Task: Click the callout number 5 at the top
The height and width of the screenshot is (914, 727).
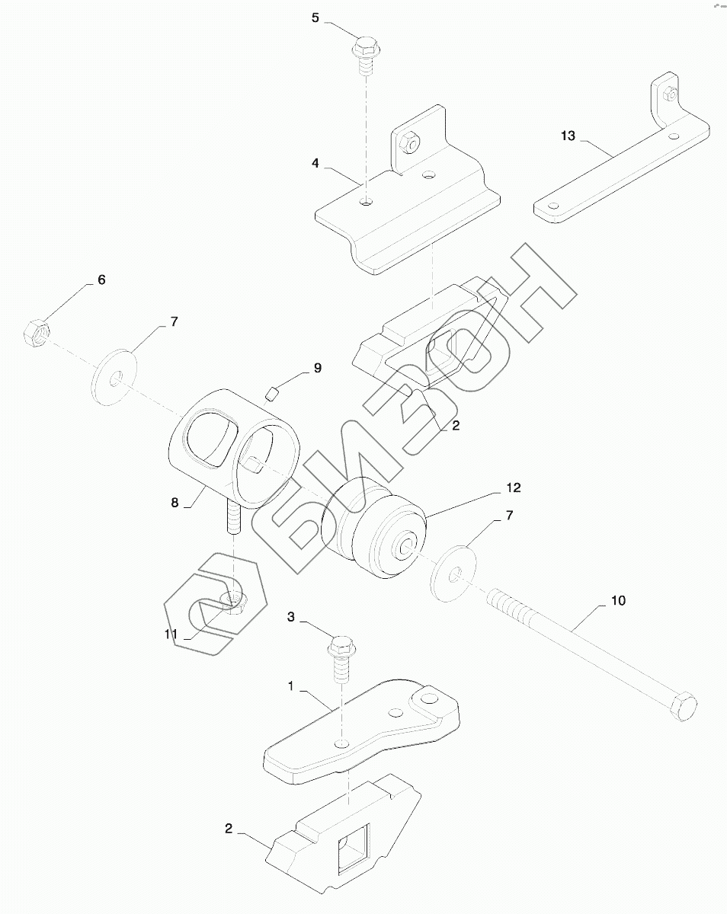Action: (x=315, y=18)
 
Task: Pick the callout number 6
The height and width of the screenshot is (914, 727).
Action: (x=101, y=280)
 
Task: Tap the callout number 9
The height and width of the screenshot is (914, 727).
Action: (x=317, y=369)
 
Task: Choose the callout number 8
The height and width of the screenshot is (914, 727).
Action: (x=175, y=503)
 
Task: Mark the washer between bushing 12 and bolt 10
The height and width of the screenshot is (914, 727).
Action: (x=455, y=570)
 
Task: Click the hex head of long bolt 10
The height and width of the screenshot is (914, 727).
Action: (x=684, y=705)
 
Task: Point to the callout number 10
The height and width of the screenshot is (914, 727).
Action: (x=617, y=601)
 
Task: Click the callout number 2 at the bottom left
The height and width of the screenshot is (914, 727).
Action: (x=229, y=828)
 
